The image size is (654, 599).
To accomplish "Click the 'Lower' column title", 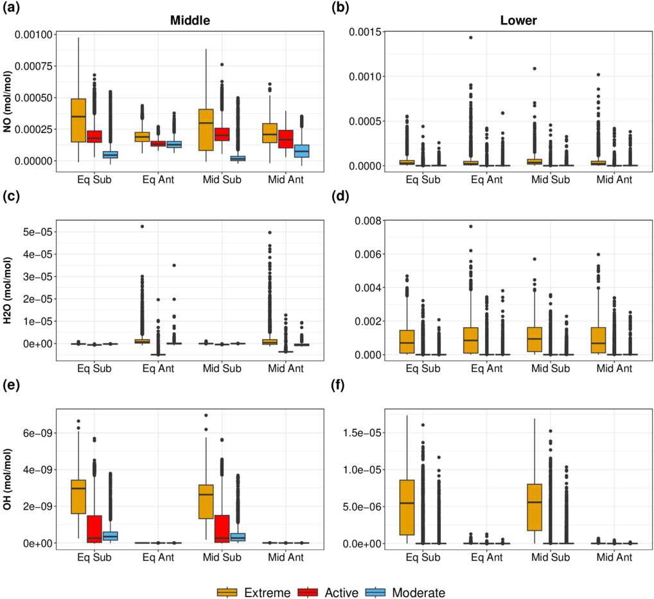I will [x=518, y=21].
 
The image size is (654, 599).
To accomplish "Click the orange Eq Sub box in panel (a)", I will [x=78, y=120].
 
